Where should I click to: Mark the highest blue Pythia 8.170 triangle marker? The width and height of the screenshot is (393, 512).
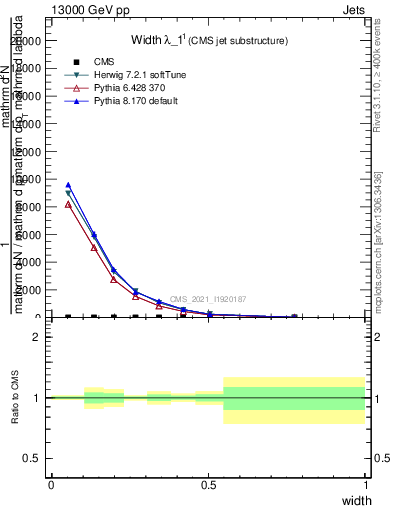click(x=68, y=185)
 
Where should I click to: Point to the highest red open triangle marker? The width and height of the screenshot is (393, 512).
click(x=68, y=204)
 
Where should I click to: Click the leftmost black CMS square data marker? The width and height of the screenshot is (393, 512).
click(x=68, y=317)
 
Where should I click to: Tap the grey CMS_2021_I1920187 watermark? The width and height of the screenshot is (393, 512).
click(x=207, y=299)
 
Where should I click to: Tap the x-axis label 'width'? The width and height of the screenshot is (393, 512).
click(x=356, y=500)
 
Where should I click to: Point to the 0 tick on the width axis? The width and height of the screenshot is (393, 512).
click(x=51, y=485)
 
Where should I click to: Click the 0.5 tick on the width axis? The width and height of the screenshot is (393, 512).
click(x=208, y=485)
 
